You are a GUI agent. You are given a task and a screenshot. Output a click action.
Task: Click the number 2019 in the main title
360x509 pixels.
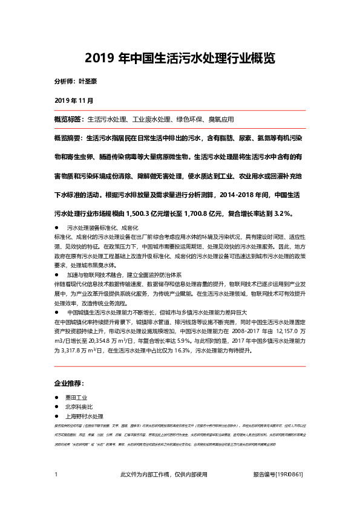click(96, 59)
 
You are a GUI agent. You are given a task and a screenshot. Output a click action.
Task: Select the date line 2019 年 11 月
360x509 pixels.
click(74, 99)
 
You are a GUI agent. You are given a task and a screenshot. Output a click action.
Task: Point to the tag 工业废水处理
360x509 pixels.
click(152, 119)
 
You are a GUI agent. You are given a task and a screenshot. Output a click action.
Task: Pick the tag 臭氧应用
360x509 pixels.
click(221, 119)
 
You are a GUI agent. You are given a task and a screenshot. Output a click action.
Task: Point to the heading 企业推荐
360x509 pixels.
click(69, 383)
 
